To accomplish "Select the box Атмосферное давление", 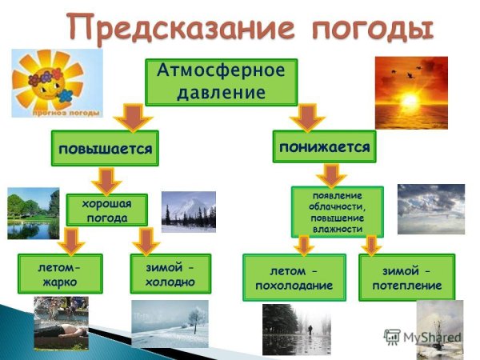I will pos(220,81).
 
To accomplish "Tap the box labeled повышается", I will pos(105,149).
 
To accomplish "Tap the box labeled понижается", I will pos(324,148).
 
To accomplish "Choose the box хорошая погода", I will pos(106,210).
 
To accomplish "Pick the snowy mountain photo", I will pos(188,211).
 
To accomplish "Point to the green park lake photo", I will pos(33,214).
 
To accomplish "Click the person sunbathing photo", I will pos(61,325).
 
